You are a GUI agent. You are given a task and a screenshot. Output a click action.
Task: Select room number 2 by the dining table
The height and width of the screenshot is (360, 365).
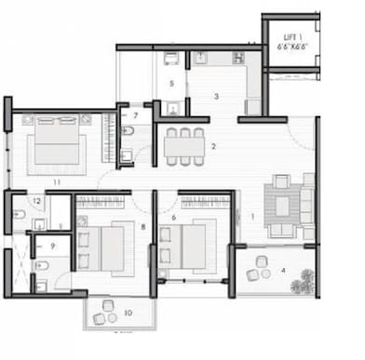[x=213, y=146]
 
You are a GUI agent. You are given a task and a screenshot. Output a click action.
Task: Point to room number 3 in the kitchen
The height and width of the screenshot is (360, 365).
[x=216, y=96]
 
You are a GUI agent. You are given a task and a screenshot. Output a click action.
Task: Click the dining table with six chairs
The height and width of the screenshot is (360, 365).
[x=184, y=144]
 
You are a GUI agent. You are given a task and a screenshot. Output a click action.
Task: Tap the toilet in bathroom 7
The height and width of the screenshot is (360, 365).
[x=128, y=133]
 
